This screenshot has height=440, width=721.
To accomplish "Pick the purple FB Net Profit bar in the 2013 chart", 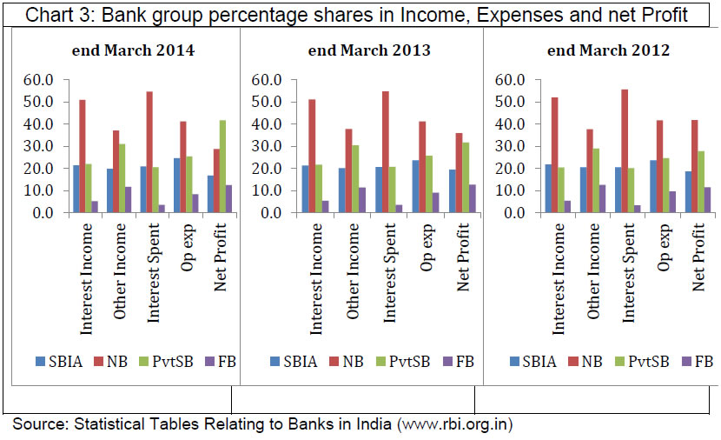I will click(447, 198).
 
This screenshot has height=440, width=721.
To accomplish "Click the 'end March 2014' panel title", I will click(132, 50).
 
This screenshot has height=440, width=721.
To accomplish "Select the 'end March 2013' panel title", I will click(369, 50).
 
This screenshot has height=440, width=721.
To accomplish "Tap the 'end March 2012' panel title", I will click(608, 50).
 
